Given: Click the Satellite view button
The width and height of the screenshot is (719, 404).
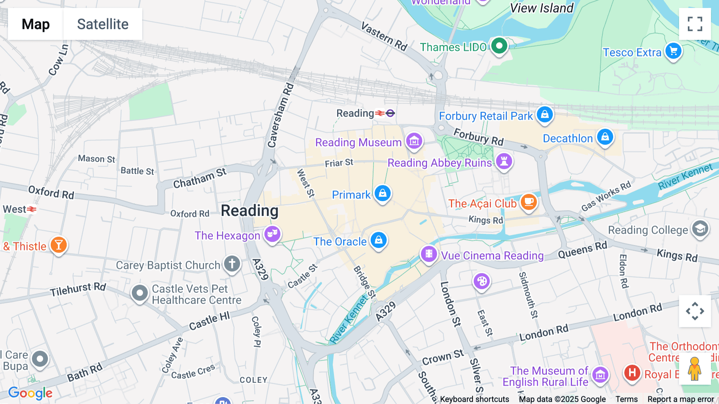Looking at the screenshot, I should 103,24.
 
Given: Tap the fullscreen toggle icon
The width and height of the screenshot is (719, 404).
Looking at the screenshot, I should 695,24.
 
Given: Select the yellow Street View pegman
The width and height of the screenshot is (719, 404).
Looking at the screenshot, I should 695,369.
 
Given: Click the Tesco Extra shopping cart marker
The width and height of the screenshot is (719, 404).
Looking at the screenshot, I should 673,51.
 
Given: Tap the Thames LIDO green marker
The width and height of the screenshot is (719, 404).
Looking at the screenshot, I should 499,46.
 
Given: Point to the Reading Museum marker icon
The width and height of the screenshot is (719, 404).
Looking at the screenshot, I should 414,141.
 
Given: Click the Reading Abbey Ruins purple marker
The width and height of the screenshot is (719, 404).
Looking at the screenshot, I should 504,162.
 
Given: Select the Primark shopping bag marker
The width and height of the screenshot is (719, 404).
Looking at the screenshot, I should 383,194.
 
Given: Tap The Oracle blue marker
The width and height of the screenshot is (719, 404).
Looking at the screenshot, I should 379,240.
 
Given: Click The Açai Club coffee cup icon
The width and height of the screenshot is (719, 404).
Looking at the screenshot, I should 528,202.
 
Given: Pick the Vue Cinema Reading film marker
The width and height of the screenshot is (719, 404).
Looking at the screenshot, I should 429,254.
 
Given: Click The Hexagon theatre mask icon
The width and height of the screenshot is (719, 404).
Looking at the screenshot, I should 272,234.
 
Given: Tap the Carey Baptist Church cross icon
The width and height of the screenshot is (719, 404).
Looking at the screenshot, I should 232,264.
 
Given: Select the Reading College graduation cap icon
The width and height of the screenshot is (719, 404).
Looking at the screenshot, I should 700,229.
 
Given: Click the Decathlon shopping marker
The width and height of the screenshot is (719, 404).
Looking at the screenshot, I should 605,137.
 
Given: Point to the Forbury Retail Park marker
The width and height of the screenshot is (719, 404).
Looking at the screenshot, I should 544,115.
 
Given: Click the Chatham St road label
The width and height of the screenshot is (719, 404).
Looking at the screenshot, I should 200,178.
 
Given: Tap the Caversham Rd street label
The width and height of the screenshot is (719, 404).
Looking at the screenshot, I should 280,116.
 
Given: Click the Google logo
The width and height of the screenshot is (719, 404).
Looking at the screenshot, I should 30,393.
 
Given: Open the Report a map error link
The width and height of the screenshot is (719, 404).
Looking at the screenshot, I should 681,399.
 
